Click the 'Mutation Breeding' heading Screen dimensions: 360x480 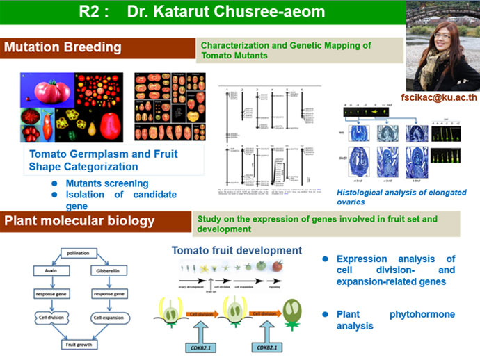pos(63,48)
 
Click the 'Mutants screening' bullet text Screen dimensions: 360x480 pos(107,183)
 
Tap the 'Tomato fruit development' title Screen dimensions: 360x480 pos(237,250)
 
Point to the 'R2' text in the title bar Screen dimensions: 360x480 pos(93,12)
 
